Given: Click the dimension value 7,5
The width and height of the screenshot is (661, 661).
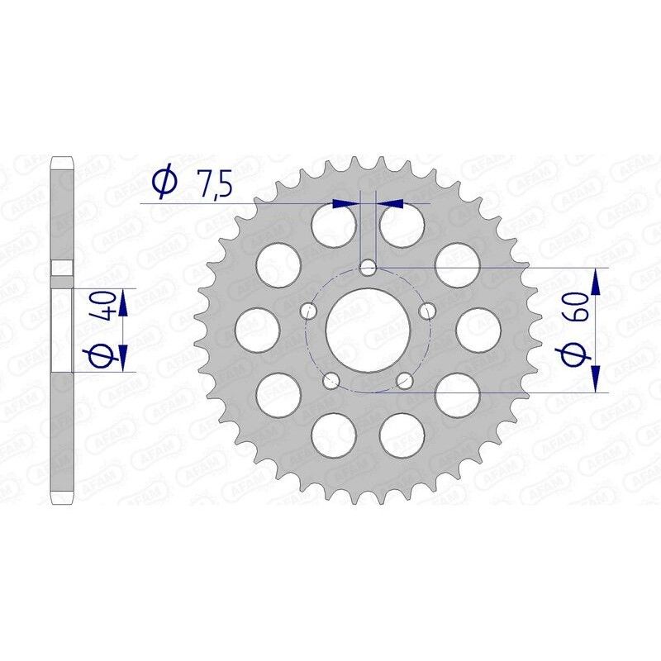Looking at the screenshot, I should point(212,186).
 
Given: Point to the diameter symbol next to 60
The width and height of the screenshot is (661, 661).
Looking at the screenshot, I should point(576,355).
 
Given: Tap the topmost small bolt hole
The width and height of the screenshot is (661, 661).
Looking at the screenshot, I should point(369,268).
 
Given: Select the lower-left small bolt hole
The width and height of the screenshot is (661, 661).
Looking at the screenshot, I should point(331,380).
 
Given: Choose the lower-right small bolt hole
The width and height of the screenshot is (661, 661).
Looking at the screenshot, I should point(405,380).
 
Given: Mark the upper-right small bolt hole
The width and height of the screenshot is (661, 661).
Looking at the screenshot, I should point(428,311).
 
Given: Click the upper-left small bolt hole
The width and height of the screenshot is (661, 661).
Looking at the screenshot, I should point(309,311).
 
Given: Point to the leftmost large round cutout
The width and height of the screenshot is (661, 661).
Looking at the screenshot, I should point(257,329).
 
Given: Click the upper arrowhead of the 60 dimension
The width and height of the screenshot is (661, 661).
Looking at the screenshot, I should point(596,282).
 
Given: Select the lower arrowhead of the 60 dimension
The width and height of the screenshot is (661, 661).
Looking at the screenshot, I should point(596,377).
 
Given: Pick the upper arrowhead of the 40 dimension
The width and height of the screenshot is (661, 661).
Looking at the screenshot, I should point(122,304).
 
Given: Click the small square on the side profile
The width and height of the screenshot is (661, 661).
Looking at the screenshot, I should point(61,268).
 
